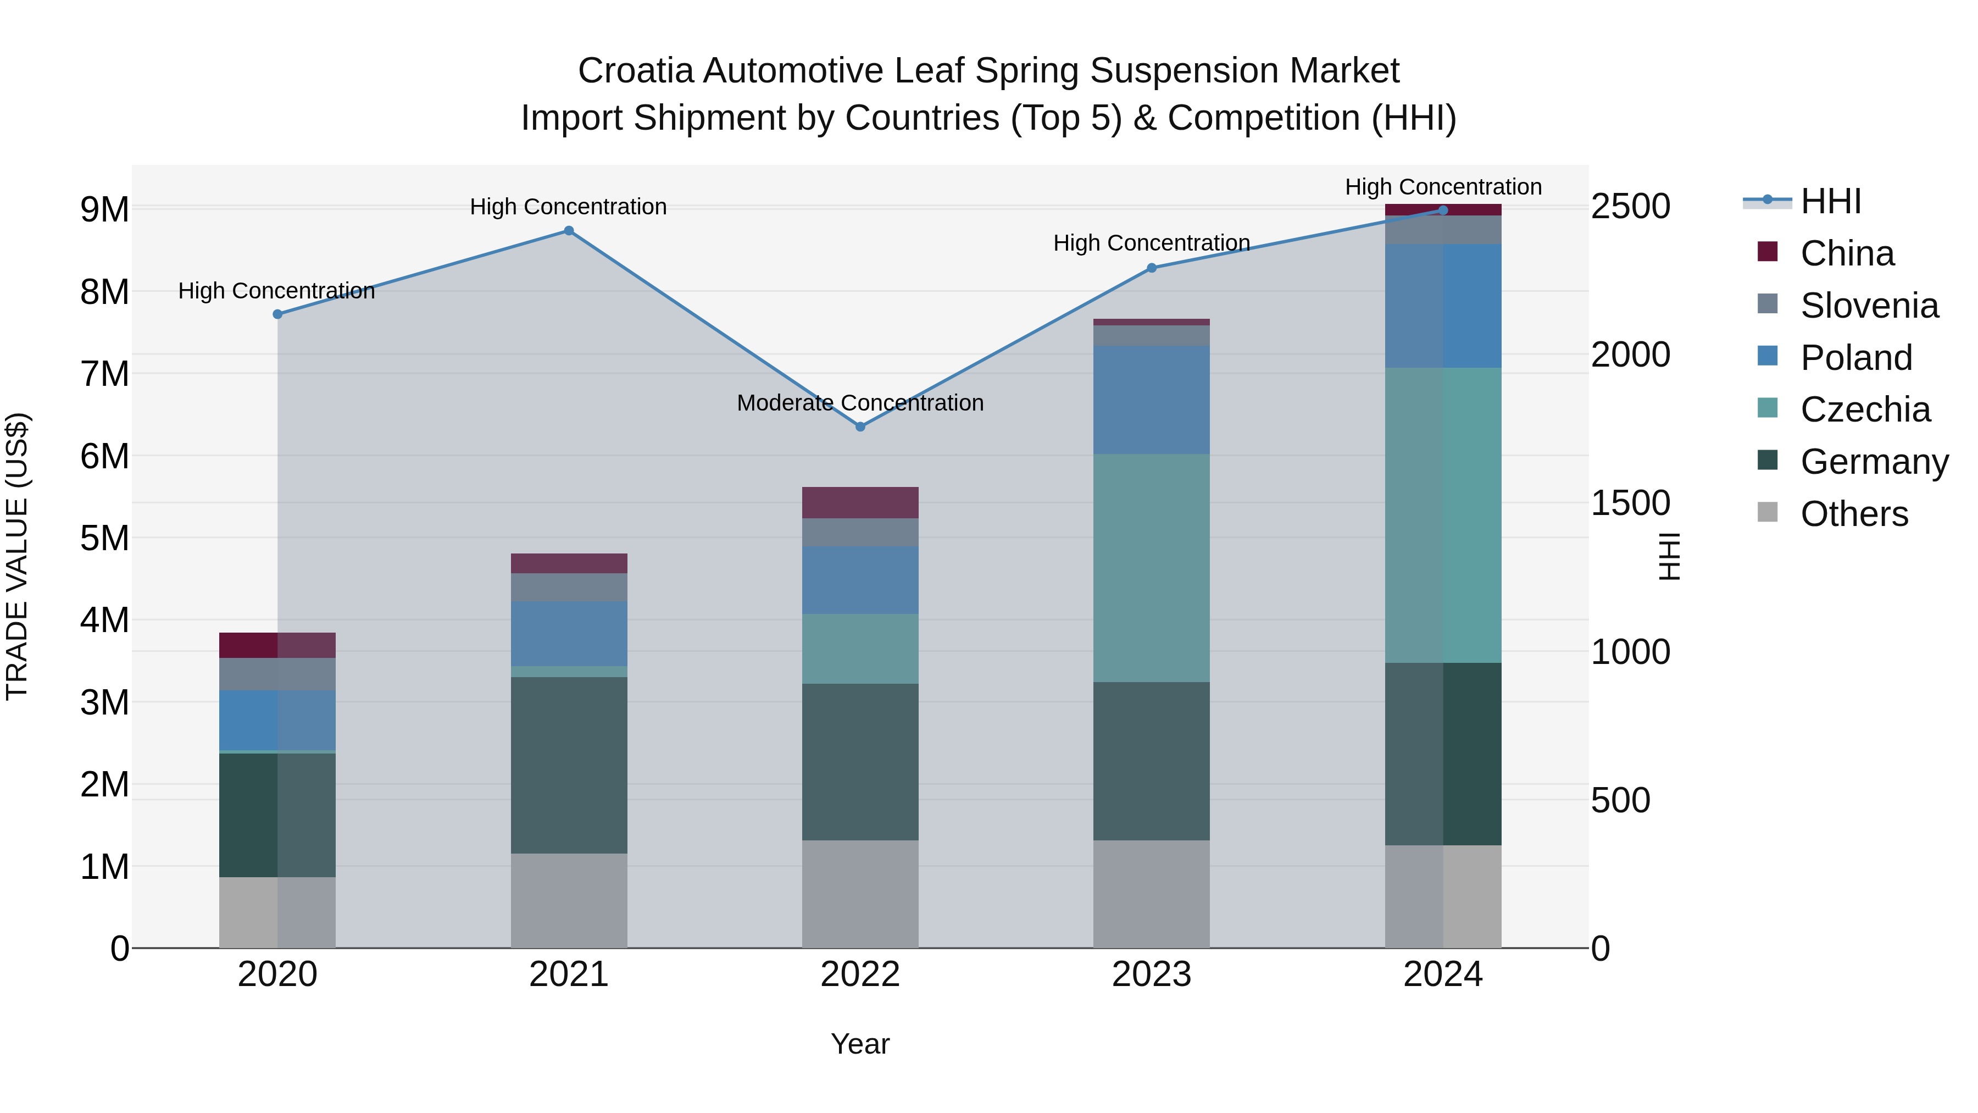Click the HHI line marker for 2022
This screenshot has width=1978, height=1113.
(x=860, y=427)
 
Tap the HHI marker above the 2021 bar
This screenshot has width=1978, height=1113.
(x=569, y=230)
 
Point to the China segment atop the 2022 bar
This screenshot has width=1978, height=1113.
(x=860, y=502)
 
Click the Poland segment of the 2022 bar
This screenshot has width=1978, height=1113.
(x=860, y=579)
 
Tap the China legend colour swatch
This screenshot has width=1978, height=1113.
(x=1768, y=252)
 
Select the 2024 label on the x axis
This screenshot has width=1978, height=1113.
(x=1443, y=974)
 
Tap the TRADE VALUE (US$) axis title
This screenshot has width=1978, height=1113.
(x=17, y=556)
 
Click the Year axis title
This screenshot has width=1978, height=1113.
(x=860, y=1044)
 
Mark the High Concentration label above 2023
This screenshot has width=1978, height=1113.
(x=1151, y=243)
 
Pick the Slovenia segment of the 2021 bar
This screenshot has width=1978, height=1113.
(x=569, y=587)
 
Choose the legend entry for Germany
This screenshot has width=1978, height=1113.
(x=1874, y=462)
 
